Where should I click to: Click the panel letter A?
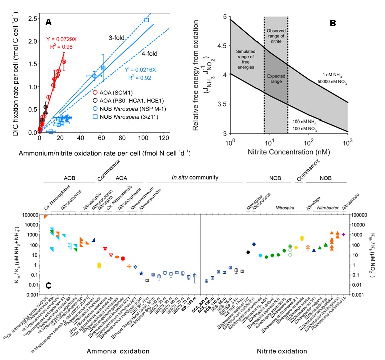pyautogui.click(x=49, y=22)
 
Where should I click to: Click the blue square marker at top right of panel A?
pyautogui.click(x=146, y=20)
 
